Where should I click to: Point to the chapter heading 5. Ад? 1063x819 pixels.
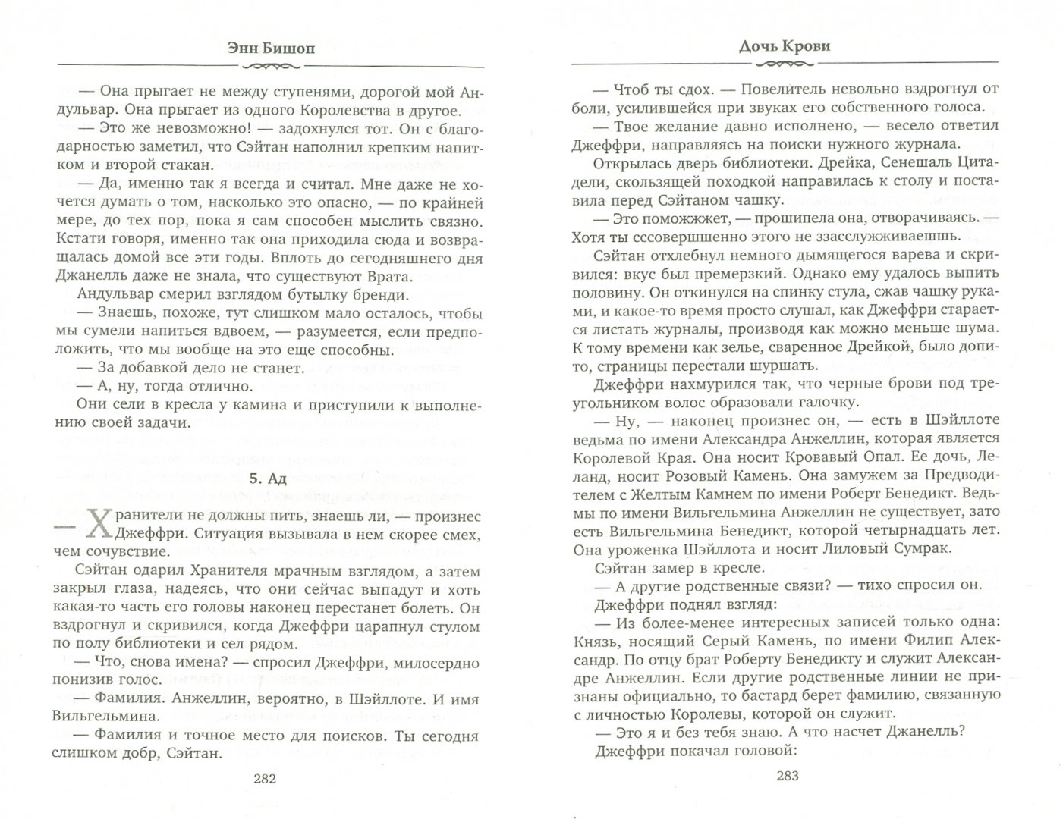(269, 479)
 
